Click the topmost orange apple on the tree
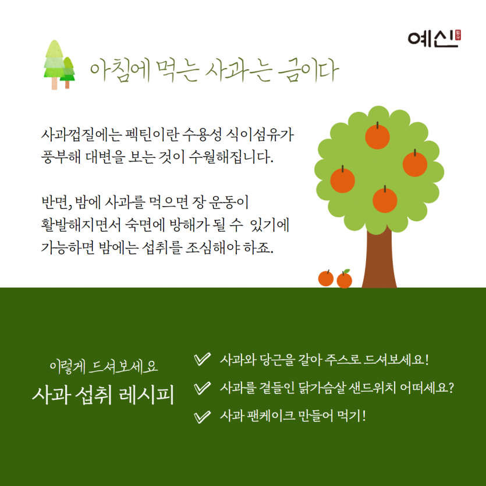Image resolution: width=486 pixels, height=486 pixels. (x=377, y=136)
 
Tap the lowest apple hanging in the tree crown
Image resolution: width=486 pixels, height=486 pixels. (x=384, y=200)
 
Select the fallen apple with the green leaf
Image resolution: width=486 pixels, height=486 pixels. (x=345, y=279)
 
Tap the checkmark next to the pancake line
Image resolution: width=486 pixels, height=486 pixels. (x=201, y=416)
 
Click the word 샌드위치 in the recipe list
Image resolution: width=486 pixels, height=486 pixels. (x=366, y=388)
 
